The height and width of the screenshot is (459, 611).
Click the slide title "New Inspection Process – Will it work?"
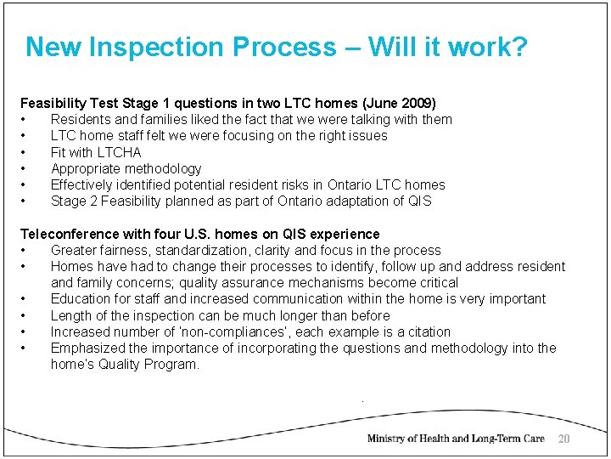pyautogui.click(x=277, y=47)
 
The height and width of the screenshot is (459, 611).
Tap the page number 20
pyautogui.click(x=563, y=439)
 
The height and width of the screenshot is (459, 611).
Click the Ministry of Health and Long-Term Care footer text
pyautogui.click(x=456, y=439)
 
